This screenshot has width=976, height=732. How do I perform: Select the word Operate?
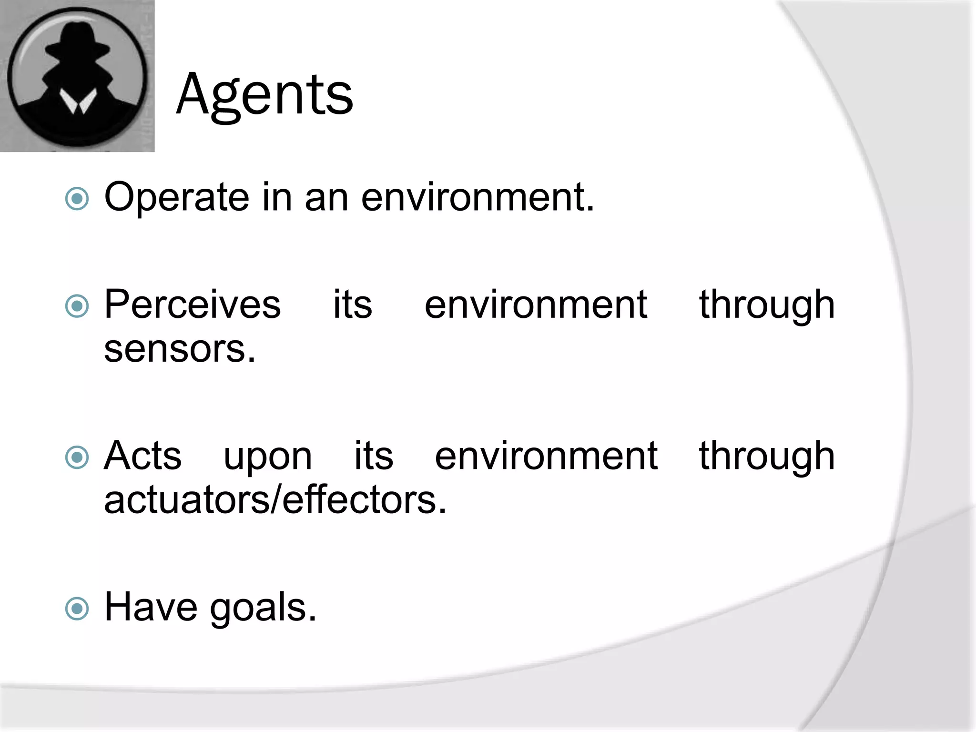click(176, 197)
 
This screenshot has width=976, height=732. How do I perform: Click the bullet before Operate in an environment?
click(77, 199)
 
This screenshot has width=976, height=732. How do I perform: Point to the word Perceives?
click(193, 305)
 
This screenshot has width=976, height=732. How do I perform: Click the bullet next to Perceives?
click(77, 306)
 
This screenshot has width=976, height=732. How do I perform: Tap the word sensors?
click(180, 349)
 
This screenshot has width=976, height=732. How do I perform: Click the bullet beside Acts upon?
click(77, 457)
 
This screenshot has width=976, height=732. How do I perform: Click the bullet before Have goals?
click(77, 609)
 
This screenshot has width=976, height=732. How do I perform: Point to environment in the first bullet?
click(478, 197)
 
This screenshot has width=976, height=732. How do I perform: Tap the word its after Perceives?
click(352, 305)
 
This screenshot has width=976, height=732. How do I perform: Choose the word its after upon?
click(374, 456)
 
